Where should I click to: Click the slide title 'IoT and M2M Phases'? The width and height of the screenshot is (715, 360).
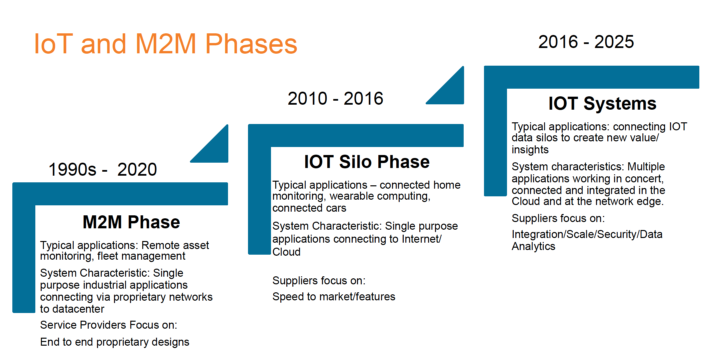pos(165,44)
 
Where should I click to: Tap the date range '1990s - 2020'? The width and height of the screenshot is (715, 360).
pos(103,169)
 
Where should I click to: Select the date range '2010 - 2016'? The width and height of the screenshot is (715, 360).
pos(335,98)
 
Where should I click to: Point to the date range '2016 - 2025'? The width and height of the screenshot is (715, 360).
pos(586,42)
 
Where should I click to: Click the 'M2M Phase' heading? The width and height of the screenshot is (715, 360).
pos(131,222)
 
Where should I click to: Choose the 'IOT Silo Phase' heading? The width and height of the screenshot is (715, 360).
pos(367,162)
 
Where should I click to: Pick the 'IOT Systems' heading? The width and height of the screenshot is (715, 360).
pos(602,103)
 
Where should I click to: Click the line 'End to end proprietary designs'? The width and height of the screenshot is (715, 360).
pos(115,342)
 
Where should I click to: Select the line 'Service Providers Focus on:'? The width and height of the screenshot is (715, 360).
pos(109,325)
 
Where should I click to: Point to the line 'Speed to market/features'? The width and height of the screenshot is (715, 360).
pos(334,296)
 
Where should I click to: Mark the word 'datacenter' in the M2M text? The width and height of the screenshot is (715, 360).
pos(78,309)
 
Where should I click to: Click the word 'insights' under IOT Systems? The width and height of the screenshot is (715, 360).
pos(530,150)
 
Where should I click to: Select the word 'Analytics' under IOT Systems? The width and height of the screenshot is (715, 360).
pos(533,246)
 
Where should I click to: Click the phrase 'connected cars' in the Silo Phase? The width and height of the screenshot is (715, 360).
pos(309,208)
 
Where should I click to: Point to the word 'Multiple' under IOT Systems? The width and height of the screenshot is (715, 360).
pos(646,167)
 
